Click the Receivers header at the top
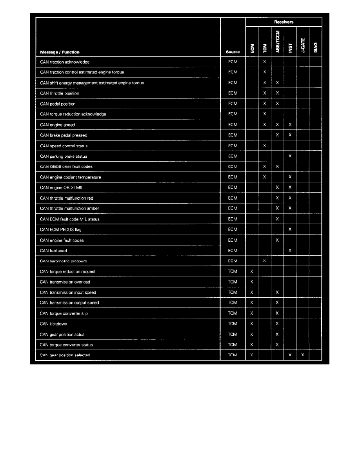[284, 22]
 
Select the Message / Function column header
[60, 52]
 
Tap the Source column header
[233, 52]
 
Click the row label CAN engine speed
[58, 125]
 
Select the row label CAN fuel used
[53, 251]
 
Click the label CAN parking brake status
[64, 156]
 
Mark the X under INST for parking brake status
[290, 156]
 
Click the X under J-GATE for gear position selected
[303, 355]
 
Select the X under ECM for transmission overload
[252, 282]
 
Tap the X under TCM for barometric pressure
[265, 261]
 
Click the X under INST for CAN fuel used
[290, 251]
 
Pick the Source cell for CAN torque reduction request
[233, 271]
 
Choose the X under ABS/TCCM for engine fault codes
[277, 240]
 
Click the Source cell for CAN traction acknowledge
[233, 62]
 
